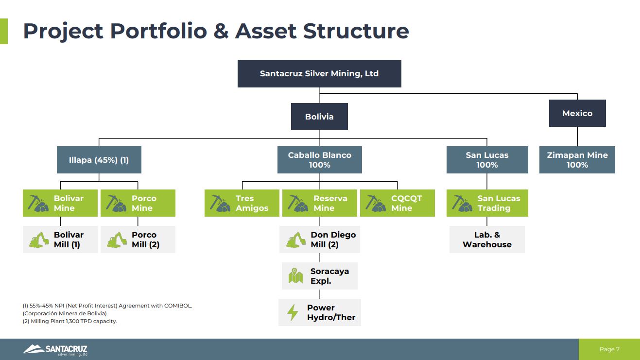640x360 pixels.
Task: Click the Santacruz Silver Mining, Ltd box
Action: point(319,74)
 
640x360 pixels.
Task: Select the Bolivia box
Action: point(319,117)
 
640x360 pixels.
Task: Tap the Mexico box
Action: point(577,113)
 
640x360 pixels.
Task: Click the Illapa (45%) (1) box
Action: point(99,160)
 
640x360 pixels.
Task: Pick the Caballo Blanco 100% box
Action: point(319,160)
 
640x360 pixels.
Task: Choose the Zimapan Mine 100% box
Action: point(577,160)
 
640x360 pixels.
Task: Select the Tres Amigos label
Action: point(252,203)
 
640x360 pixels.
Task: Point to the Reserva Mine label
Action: point(330,203)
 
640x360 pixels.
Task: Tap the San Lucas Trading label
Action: point(498,203)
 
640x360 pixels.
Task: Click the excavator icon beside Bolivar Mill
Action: point(39,240)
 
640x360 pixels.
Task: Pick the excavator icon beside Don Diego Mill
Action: point(295,240)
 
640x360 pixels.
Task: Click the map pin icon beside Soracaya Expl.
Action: point(295,276)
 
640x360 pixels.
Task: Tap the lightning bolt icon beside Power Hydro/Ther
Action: point(293,312)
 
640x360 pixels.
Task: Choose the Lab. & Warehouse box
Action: point(487,240)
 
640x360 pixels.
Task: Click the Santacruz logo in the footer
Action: point(55,349)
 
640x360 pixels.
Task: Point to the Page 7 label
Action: point(609,349)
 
